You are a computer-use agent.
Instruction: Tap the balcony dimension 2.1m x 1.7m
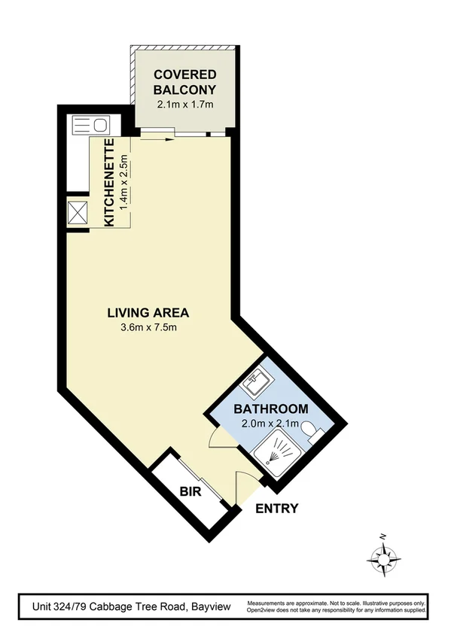click(184, 104)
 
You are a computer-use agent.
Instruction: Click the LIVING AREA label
click(148, 312)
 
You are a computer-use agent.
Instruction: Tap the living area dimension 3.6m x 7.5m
click(148, 327)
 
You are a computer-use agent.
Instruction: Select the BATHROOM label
click(270, 409)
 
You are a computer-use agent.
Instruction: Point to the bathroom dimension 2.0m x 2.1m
click(270, 424)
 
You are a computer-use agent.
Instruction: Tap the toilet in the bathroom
click(314, 434)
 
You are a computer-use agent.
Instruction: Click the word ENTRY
click(276, 509)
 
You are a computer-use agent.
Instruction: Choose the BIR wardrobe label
click(188, 492)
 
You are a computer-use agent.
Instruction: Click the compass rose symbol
click(383, 557)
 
